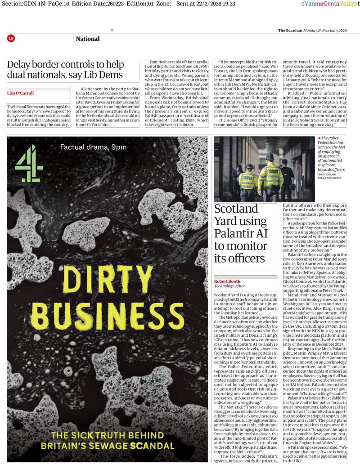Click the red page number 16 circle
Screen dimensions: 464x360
coord(11,39)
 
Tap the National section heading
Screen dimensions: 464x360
coord(88,39)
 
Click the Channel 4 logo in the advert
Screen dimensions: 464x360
coord(29,163)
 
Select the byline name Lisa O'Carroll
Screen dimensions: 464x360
coord(20,94)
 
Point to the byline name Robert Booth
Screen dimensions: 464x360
coord(227,281)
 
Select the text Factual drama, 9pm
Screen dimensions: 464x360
coord(93,147)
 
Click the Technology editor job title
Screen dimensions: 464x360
coord(230,286)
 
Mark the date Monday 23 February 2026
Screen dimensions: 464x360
coord(325,31)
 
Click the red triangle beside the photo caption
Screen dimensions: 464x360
coord(319,138)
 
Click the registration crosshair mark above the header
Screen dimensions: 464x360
coord(112,30)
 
